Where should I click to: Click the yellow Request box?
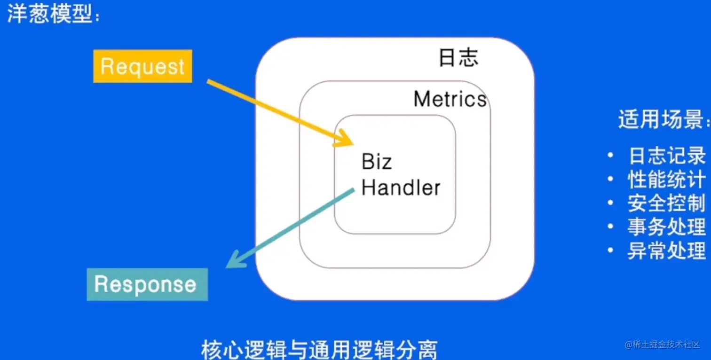(142, 66)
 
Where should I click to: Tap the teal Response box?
(147, 284)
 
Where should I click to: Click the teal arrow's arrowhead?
(233, 263)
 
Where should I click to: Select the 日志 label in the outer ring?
(458, 58)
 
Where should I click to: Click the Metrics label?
(450, 99)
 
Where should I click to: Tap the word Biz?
(377, 162)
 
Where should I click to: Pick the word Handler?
(401, 188)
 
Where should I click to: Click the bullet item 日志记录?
(667, 156)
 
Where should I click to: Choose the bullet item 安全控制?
(667, 203)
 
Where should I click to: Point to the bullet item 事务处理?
(667, 227)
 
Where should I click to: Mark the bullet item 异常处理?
(667, 251)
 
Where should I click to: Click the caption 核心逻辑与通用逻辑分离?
(319, 350)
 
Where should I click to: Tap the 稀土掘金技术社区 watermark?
(663, 344)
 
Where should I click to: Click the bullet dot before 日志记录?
(610, 156)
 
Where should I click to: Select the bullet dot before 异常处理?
(610, 250)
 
